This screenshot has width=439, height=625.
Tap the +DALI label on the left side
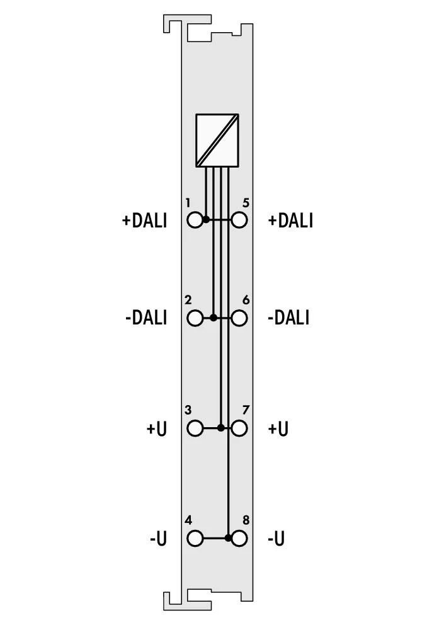(144, 221)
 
